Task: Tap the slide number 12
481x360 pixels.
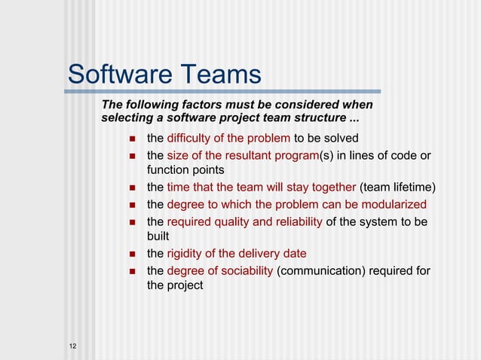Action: (72, 346)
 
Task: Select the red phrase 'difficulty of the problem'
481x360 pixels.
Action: (228, 138)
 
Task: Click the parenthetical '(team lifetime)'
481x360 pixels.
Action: (398, 188)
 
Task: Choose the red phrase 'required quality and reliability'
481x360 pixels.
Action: (244, 221)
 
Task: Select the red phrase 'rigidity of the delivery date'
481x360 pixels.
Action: (236, 254)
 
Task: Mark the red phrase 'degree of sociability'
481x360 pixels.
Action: (220, 270)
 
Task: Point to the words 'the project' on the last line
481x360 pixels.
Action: (174, 285)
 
